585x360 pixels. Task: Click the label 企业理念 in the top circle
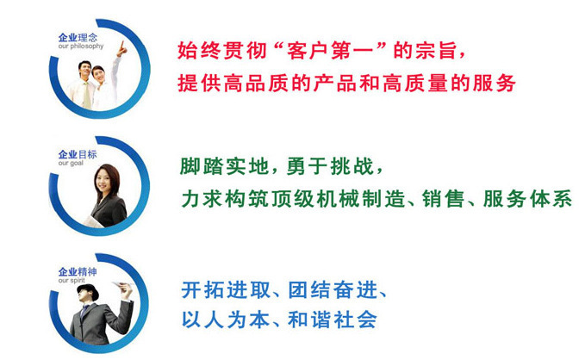point(78,37)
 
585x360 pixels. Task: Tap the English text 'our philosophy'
point(81,47)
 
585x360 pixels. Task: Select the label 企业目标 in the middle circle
point(78,154)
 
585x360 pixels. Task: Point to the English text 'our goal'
point(71,164)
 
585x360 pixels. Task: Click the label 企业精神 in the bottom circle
point(78,271)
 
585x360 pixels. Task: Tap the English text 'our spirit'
point(72,280)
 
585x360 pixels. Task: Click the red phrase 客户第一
point(329,51)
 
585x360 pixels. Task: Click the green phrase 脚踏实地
point(224,166)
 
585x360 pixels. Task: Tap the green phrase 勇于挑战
point(330,166)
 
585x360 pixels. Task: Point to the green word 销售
point(444,198)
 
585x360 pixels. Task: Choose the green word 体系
point(551,198)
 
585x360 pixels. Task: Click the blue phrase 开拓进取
point(226,290)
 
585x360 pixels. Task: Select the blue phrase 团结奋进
point(333,290)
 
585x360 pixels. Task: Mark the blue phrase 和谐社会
point(333,320)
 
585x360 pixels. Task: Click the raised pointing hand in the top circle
point(122,49)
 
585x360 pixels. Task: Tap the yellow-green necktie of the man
point(87,96)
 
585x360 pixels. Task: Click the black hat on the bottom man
point(89,291)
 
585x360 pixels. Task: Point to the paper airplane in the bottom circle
point(122,285)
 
